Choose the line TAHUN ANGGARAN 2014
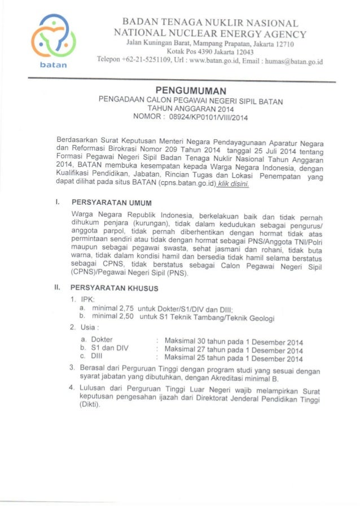click(190, 109)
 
